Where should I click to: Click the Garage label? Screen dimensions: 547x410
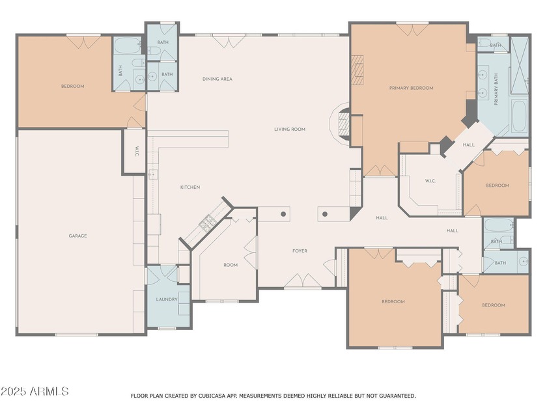[77, 236]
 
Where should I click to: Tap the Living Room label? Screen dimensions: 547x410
[290, 130]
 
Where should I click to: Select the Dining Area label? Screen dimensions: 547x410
[217, 79]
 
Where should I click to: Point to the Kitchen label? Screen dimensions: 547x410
[190, 187]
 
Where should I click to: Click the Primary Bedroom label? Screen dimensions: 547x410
[412, 89]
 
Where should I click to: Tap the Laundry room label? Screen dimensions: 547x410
[167, 299]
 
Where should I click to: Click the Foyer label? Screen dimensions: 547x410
[300, 251]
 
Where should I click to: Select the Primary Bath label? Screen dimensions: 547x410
[496, 89]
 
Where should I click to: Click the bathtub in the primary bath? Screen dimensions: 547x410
[520, 116]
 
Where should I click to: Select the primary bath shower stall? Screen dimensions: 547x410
[520, 65]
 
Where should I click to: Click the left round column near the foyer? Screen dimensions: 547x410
[283, 214]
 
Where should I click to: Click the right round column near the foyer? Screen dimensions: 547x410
[325, 214]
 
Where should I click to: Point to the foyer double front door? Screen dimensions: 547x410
[302, 281]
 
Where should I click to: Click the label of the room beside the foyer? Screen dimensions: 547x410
[231, 266]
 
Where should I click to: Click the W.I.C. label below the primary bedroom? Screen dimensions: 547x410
[430, 181]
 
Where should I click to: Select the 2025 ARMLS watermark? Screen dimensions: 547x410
[35, 391]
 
